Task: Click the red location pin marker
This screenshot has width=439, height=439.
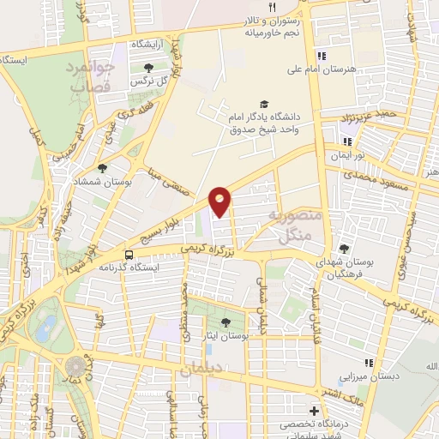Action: [x=220, y=201]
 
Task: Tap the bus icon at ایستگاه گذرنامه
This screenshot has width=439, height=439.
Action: [x=129, y=255]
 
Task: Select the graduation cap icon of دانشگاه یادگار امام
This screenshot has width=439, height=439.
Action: [x=262, y=104]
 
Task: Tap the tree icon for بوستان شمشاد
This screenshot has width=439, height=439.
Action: [x=102, y=169]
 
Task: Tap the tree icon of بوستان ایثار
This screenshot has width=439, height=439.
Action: [x=226, y=322]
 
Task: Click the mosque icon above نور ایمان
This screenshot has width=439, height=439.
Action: [x=348, y=143]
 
